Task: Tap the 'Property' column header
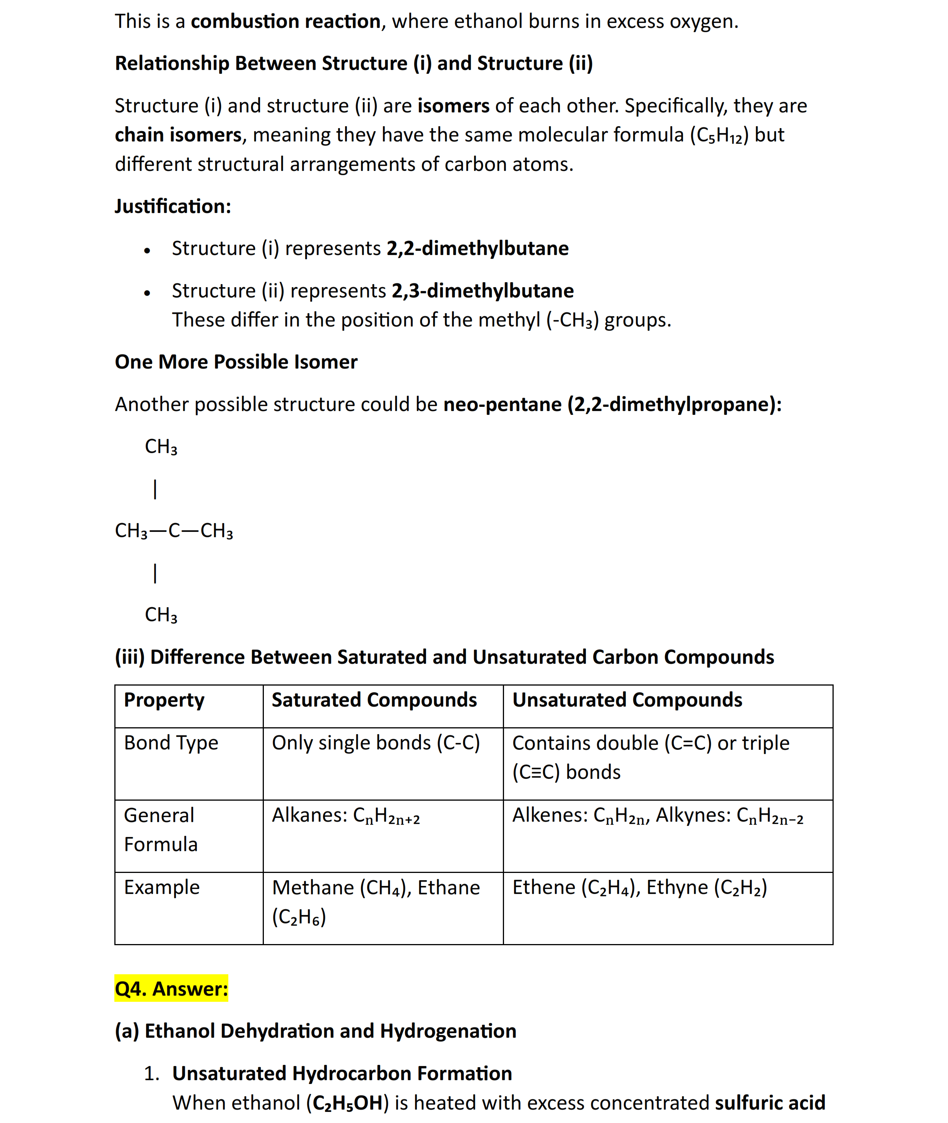[164, 700]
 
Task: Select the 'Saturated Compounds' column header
[374, 700]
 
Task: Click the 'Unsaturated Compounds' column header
[627, 700]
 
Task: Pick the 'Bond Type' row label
[171, 743]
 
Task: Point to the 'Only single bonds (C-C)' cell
[376, 743]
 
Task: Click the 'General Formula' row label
[160, 829]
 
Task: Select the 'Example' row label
[162, 887]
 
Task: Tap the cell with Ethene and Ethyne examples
[639, 887]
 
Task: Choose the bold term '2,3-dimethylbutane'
[482, 291]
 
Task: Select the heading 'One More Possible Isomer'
[236, 362]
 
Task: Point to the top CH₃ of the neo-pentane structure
[161, 447]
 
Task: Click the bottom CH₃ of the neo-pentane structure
[161, 615]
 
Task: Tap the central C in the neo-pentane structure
[174, 530]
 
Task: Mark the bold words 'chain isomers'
[178, 135]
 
